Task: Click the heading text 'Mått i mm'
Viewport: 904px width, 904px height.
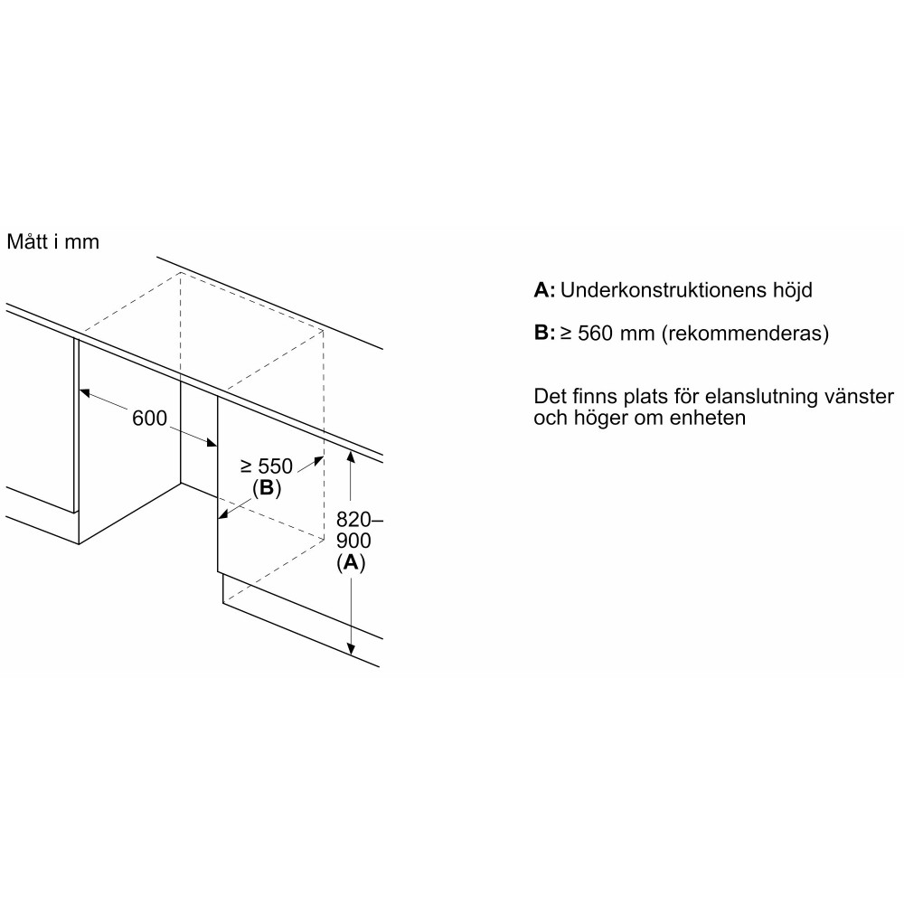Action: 53,241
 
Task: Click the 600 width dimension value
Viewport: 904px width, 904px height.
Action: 149,418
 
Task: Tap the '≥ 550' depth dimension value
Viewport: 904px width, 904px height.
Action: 267,466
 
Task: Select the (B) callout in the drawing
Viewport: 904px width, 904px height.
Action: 267,488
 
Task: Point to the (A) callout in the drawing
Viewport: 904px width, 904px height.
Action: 351,562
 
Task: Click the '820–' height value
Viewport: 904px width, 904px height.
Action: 359,520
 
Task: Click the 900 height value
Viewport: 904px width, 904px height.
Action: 353,541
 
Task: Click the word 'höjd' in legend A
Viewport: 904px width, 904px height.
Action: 792,289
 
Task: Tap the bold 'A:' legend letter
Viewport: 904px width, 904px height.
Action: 544,289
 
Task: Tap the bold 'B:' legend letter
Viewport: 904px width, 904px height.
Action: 544,333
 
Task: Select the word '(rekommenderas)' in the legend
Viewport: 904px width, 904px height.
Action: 744,334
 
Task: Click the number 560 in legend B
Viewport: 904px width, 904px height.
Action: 595,334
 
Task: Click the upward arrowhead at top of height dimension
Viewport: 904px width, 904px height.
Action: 350,457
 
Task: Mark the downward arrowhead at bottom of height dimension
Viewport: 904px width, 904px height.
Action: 351,649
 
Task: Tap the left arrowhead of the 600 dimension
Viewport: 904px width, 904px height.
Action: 85,393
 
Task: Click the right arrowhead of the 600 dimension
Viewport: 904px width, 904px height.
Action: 211,442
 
